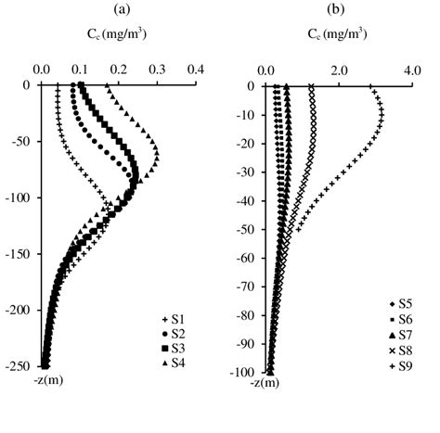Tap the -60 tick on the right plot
pos(245,258)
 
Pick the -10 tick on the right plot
pos(245,115)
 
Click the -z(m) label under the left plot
pos(46,381)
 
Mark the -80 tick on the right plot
pos(245,315)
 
